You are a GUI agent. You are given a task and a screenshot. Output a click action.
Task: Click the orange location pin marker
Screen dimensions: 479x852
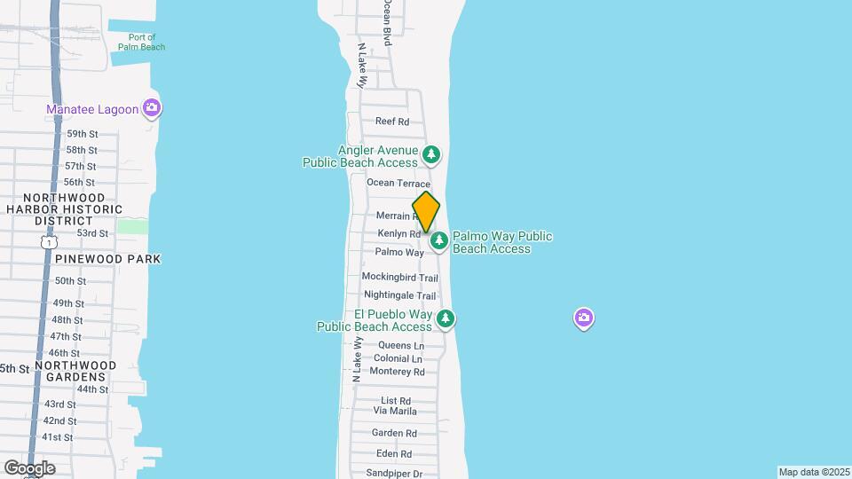click(x=426, y=212)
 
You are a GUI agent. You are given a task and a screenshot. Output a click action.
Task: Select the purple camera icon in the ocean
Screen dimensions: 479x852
click(x=583, y=318)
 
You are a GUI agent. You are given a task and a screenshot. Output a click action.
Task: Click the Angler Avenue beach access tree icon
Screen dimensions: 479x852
click(x=431, y=155)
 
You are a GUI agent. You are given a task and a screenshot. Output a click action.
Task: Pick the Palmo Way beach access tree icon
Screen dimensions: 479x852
click(x=439, y=240)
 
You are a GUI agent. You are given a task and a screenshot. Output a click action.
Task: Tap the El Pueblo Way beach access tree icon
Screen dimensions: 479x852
click(x=446, y=318)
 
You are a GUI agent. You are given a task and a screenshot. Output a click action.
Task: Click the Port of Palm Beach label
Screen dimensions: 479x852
click(x=142, y=42)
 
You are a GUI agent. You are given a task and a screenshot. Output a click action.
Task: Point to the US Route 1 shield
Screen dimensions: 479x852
click(x=49, y=241)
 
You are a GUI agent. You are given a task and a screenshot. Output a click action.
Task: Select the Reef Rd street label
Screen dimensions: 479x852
click(x=391, y=122)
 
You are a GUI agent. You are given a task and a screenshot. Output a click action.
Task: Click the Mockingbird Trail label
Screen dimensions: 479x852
click(x=399, y=278)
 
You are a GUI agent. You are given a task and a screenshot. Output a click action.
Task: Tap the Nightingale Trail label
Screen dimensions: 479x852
click(x=400, y=295)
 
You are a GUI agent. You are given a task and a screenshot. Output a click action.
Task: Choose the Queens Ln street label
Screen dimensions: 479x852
click(x=401, y=345)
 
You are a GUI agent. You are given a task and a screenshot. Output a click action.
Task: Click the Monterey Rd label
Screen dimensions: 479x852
click(x=397, y=372)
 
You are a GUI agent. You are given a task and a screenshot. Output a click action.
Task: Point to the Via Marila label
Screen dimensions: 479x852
click(x=395, y=412)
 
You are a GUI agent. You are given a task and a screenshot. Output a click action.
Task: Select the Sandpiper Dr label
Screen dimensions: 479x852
click(x=394, y=474)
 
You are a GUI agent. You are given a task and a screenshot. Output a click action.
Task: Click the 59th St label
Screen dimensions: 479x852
click(x=81, y=134)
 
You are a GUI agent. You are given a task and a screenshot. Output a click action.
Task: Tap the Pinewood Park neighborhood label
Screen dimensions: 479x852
click(x=107, y=259)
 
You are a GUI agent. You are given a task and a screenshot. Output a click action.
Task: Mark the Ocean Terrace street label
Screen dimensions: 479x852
click(x=398, y=183)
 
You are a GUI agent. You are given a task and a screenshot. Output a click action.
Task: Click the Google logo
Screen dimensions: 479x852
click(x=28, y=467)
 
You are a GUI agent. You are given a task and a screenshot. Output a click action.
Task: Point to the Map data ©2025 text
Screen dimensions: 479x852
click(x=813, y=472)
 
